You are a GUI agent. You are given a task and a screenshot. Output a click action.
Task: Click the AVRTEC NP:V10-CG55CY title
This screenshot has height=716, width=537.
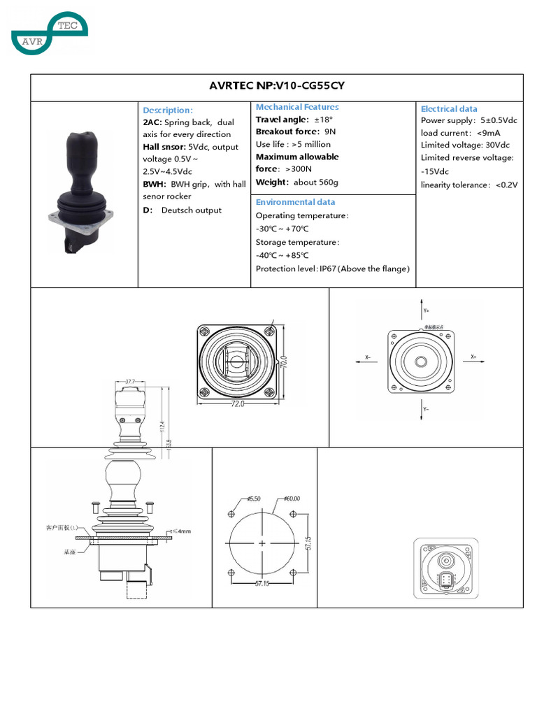point(276,86)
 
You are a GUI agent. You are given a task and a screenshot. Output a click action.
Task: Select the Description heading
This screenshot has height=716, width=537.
point(167,110)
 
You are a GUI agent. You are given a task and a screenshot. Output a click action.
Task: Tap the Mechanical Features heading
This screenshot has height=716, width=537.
point(297,107)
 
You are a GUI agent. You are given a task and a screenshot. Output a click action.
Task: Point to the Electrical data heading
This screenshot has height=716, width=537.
point(449,108)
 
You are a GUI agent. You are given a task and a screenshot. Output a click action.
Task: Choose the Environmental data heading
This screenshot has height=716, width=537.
point(295,202)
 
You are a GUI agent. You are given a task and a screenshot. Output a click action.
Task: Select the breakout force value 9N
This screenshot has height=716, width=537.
point(330,131)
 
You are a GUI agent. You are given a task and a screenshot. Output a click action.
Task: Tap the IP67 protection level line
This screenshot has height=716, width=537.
point(332,268)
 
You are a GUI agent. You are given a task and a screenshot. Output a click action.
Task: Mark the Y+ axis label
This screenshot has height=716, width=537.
point(427,309)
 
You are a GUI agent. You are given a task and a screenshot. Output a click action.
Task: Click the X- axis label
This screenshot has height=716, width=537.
point(367,357)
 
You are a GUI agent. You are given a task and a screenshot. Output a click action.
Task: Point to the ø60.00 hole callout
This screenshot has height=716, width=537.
point(291,499)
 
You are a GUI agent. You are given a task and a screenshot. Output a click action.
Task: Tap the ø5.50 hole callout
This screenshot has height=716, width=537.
point(253,499)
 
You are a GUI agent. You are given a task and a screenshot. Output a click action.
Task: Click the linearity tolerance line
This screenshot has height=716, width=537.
point(468,185)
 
